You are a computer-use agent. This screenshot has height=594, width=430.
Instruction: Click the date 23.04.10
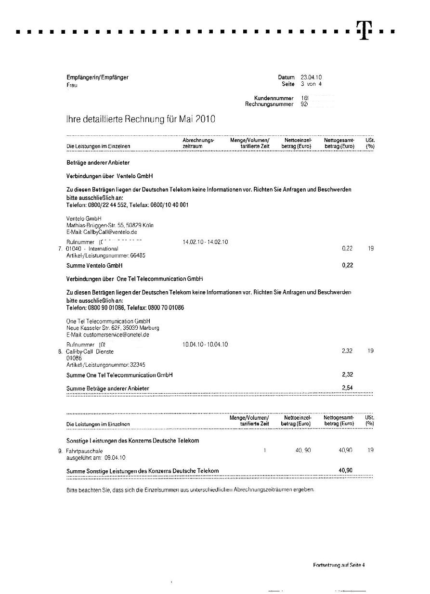[x=311, y=77]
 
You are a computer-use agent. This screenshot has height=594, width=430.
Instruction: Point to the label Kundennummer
[x=274, y=98]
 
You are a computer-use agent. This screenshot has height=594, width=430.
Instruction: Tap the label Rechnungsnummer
[x=269, y=104]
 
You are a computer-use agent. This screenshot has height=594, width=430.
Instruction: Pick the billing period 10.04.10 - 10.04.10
[x=205, y=344]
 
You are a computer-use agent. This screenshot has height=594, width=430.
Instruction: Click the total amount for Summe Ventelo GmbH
[x=347, y=265]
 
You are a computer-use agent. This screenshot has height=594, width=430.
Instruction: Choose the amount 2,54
[x=347, y=387]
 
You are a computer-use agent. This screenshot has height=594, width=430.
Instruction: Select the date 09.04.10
[x=115, y=458]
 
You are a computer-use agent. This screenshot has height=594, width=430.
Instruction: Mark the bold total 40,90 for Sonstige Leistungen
[x=345, y=470]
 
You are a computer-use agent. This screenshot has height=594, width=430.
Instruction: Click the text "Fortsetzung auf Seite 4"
[x=339, y=565]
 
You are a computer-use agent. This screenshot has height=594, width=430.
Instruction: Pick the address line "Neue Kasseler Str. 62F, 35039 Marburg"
[x=113, y=328]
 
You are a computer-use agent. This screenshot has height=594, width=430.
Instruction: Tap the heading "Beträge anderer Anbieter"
[x=98, y=163]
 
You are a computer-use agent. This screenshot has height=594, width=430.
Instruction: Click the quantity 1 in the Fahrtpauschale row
[x=265, y=451]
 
